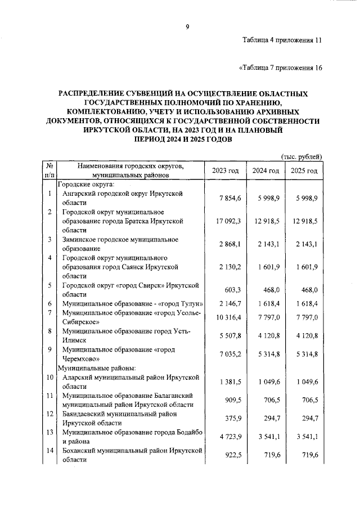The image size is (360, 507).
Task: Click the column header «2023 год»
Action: tap(225, 171)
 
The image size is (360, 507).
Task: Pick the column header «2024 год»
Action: tap(265, 171)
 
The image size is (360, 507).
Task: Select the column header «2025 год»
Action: tap(304, 171)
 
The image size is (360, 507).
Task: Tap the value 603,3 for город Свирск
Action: tap(232, 290)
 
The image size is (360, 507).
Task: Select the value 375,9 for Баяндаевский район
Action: tap(232, 418)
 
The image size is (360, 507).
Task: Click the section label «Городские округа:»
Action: tap(86, 184)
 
